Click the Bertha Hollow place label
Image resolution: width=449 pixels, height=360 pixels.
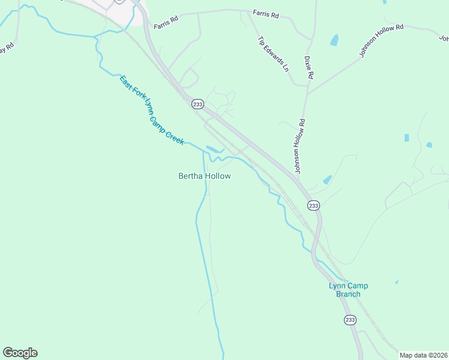point(205,176)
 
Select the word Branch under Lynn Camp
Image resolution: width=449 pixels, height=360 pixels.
point(348,294)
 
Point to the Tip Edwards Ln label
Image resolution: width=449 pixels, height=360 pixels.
point(273,54)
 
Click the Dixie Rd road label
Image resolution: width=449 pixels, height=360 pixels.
point(309,68)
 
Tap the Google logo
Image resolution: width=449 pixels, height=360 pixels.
point(20,353)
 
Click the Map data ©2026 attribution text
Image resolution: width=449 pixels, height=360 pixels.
point(424,355)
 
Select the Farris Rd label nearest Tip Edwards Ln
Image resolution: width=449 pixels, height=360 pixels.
point(265,13)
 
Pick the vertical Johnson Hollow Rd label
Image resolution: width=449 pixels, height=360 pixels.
point(301,146)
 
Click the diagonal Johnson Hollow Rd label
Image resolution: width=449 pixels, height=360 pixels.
point(382,41)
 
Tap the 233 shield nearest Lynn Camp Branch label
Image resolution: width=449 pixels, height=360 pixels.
point(350,320)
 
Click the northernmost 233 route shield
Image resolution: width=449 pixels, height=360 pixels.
point(197,104)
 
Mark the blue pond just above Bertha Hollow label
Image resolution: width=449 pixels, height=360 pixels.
point(213,149)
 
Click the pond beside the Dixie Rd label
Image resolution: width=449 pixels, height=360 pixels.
point(334,40)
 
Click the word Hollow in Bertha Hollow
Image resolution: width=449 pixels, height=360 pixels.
point(217,176)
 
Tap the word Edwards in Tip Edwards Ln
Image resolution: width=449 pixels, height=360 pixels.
point(274,54)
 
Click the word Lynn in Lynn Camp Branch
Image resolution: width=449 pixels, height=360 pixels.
point(336,286)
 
